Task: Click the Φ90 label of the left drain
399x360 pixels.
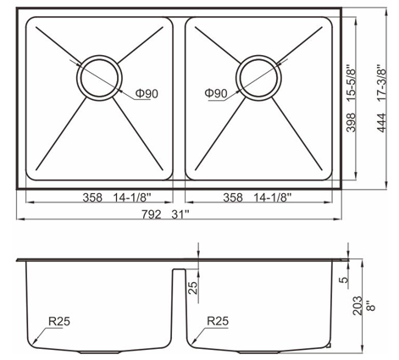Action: pos(147,94)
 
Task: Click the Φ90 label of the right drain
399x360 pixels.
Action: pos(216,93)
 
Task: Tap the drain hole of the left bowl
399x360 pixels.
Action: pos(99,78)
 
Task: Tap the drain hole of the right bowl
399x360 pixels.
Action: pos(258,78)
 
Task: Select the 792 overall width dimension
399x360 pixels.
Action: pos(152,215)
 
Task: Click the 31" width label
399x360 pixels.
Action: pos(180,215)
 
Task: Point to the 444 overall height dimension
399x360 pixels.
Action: pos(381,123)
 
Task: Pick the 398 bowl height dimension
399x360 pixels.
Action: pos(351,123)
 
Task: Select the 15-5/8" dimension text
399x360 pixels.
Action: pos(351,84)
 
